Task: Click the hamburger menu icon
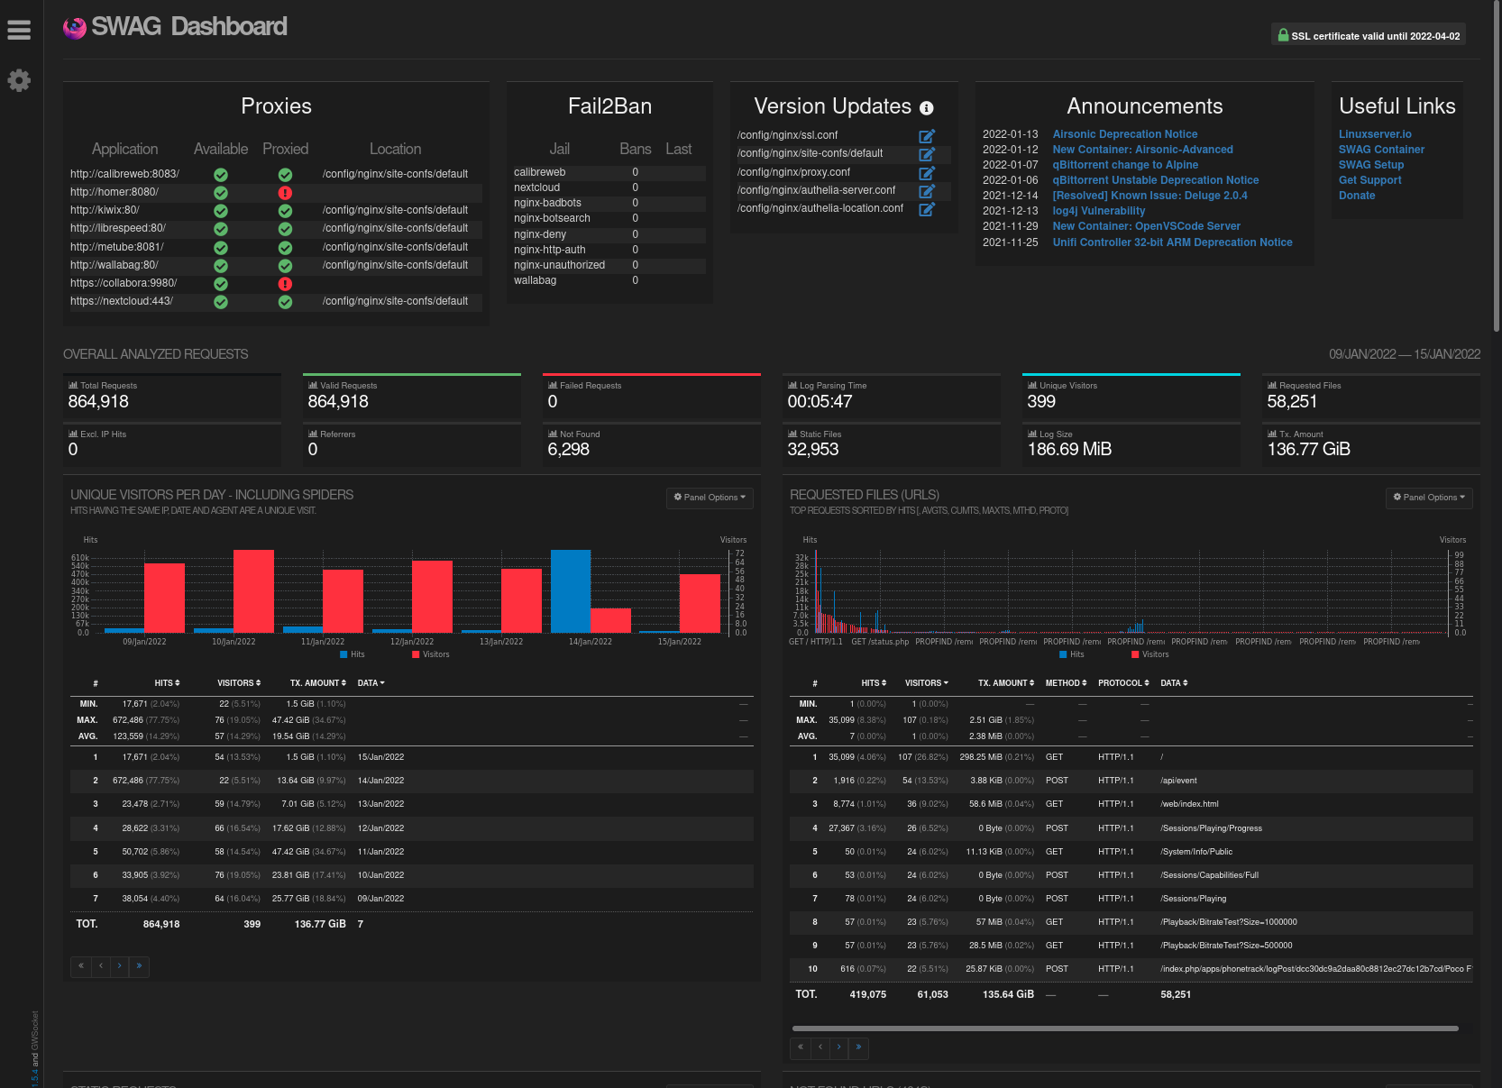coord(19,30)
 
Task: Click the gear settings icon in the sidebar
coord(19,80)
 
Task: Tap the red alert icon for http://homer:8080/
coord(285,192)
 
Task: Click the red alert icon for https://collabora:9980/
coord(285,284)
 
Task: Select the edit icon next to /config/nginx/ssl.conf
coord(926,136)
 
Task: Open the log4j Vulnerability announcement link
coord(1098,211)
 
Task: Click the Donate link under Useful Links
coord(1356,196)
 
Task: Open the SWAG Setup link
coord(1370,165)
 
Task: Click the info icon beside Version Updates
coord(926,108)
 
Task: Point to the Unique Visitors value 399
coord(1041,402)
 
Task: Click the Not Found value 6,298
coord(568,450)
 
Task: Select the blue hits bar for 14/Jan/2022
coord(570,590)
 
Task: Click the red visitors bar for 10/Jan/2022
coord(253,590)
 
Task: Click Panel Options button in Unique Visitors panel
coord(710,498)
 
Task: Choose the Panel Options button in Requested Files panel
coord(1429,498)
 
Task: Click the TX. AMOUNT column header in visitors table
coord(317,683)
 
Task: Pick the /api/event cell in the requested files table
coord(1178,781)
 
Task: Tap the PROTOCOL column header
coord(1122,683)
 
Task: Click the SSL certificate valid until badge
coord(1368,36)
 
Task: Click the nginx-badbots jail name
coord(547,203)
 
